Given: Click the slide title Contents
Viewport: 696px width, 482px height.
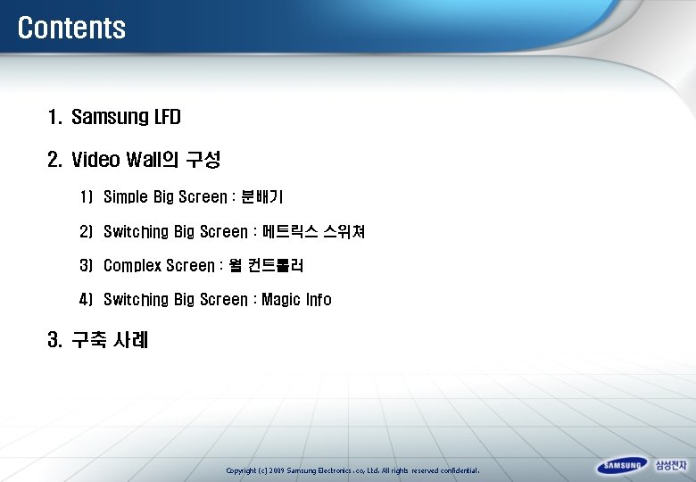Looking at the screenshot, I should point(71,28).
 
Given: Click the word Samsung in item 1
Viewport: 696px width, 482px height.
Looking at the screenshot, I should point(110,117).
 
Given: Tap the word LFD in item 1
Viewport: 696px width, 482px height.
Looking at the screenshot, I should point(168,117).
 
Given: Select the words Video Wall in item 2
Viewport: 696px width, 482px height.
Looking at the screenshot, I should point(113,161).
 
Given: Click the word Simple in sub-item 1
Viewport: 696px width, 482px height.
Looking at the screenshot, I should point(127,196).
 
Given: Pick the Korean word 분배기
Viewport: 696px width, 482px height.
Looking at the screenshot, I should point(262,196).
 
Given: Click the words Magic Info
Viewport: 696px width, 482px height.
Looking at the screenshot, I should point(296,300).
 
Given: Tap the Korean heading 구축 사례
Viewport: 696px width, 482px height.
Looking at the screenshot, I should point(110,340).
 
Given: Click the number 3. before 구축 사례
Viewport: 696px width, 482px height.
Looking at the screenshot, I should point(54,340).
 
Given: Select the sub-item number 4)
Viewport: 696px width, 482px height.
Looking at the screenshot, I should point(86,300).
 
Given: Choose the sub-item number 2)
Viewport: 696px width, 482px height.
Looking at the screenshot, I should point(86,232).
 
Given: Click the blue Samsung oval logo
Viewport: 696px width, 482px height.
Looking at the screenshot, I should point(622,466).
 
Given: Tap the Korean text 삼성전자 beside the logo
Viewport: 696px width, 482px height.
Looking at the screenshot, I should point(671,466).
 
